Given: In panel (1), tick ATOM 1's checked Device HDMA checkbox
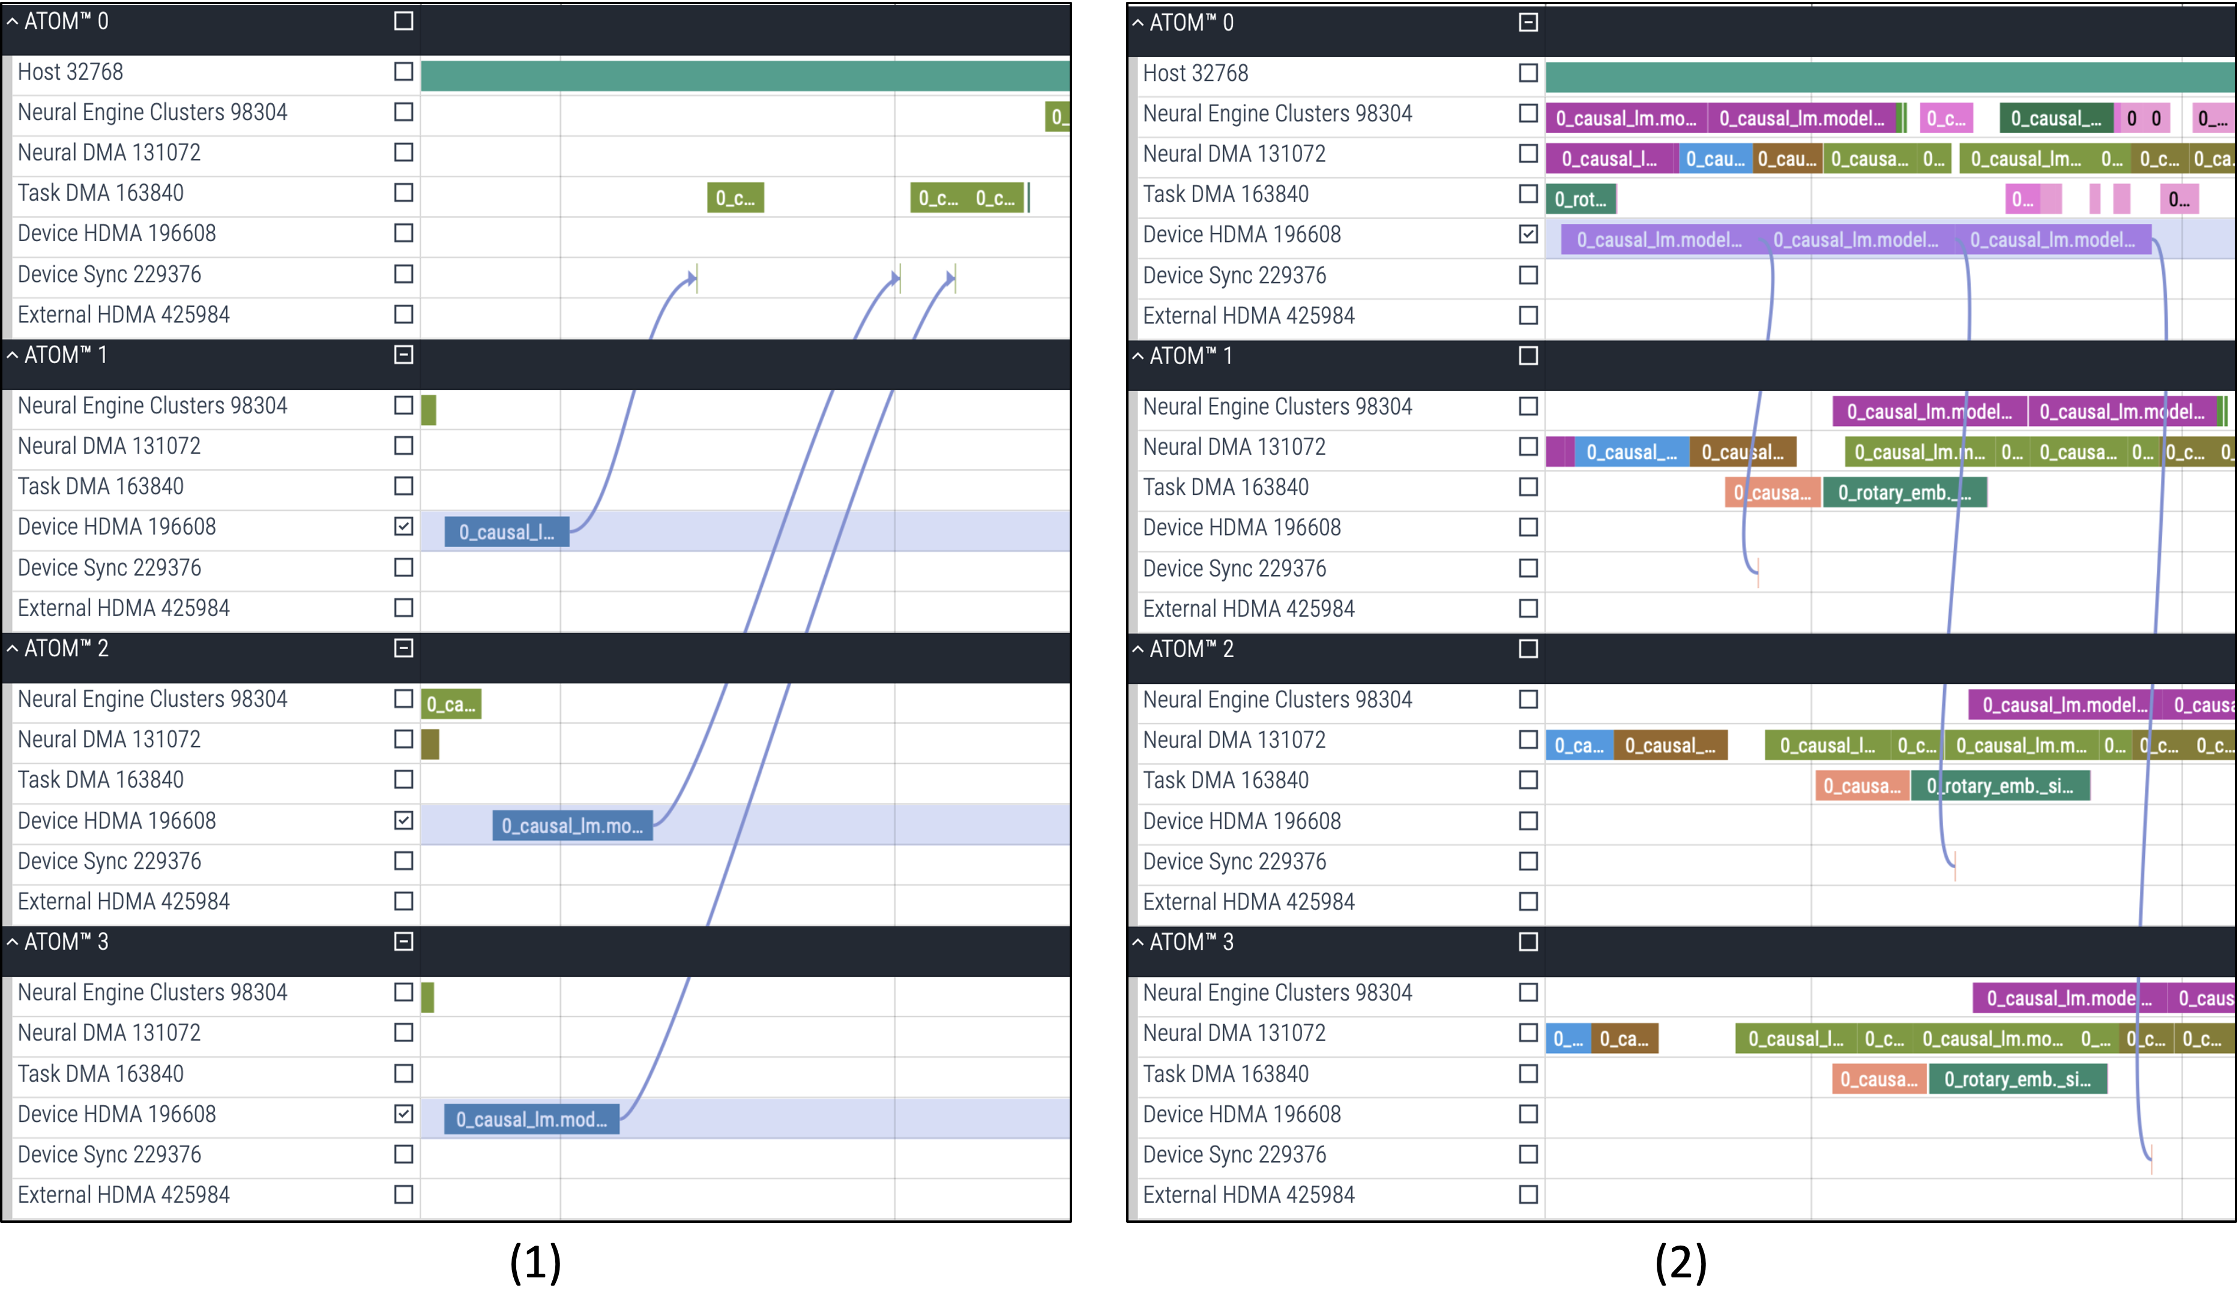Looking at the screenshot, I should (x=403, y=526).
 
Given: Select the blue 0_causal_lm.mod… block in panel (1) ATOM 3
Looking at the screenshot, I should (x=531, y=1119).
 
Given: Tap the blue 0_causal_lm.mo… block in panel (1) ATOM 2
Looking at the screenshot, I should (x=571, y=826).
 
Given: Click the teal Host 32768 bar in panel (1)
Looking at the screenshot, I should (x=744, y=76).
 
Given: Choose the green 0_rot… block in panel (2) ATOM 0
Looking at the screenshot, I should (x=1581, y=199).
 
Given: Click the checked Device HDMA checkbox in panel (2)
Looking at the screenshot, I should (x=1527, y=234).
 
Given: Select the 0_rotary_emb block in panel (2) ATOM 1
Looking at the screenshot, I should (x=1904, y=493).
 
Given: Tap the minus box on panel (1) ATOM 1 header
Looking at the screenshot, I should (x=403, y=355).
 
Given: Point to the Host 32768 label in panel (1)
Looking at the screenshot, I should (x=70, y=72).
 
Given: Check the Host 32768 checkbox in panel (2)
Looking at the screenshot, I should (x=1527, y=73).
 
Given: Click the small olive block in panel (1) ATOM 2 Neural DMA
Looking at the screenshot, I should (x=430, y=744).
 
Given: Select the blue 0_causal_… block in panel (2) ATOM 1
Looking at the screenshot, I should (x=1631, y=452).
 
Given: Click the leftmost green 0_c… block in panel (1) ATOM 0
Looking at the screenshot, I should (x=735, y=197).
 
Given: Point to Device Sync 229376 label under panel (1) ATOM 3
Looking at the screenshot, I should (x=109, y=1154).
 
